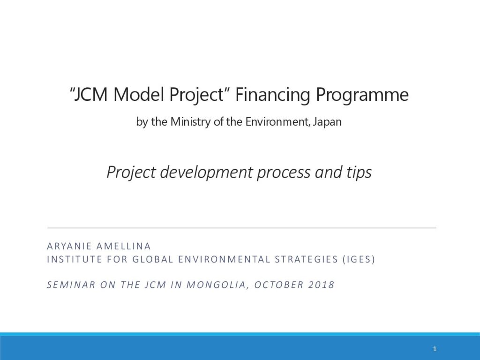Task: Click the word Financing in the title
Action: click(273, 95)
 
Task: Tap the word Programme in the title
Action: click(362, 95)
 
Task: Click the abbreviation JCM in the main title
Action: click(91, 94)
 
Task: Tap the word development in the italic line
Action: click(207, 172)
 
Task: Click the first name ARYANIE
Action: click(69, 246)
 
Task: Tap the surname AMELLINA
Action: click(123, 246)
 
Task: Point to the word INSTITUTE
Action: click(75, 259)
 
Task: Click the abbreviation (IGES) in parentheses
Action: click(359, 259)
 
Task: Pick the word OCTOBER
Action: click(278, 285)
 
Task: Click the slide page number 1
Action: click(435, 349)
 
